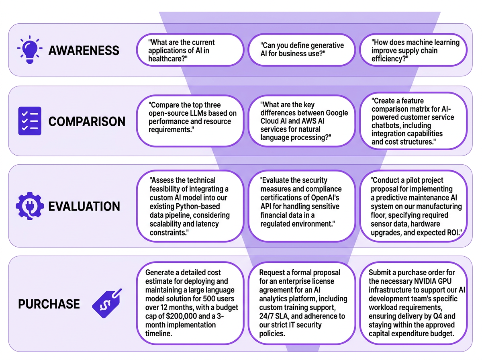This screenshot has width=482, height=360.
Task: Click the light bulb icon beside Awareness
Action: (x=30, y=50)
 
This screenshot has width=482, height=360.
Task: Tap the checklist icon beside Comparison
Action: (x=30, y=121)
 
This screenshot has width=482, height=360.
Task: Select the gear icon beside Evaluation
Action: (x=30, y=206)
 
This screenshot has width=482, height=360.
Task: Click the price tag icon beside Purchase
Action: (x=107, y=303)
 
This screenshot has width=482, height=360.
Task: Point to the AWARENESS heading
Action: (x=84, y=50)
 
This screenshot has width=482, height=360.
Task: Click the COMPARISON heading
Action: (x=87, y=121)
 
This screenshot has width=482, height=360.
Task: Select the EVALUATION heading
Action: (x=84, y=206)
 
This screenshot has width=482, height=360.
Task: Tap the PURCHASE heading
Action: (x=49, y=304)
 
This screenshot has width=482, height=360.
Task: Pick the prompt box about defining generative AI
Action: (x=302, y=50)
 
